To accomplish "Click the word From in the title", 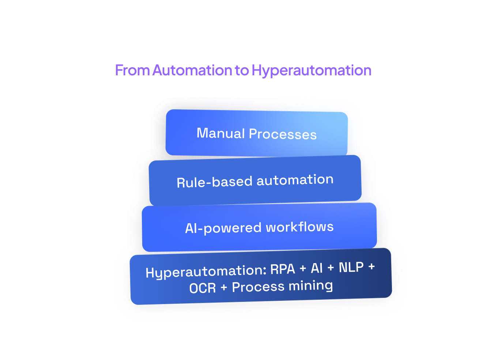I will point(132,70).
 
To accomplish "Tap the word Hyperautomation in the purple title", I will point(312,71).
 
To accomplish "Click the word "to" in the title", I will point(242,71).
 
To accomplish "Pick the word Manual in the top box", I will point(220,133).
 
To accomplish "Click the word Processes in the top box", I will point(283,134).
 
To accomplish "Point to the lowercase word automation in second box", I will point(295,180).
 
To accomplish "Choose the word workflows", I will point(299,227).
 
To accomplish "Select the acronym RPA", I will point(283,269).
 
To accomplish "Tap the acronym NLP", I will point(351,268).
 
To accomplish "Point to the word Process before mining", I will point(258,287).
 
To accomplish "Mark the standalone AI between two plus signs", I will point(317,268).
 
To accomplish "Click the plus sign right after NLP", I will point(371,267).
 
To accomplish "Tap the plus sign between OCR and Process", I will point(224,288).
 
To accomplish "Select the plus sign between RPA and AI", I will point(303,269).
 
